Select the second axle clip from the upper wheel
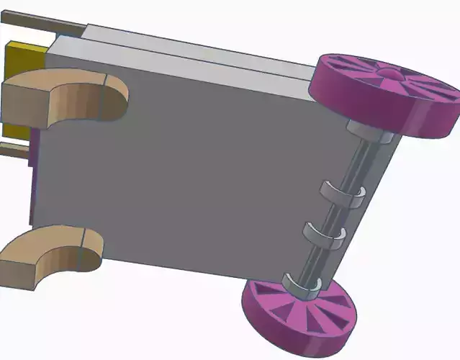pos(342,193)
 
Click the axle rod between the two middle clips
pos(335,215)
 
